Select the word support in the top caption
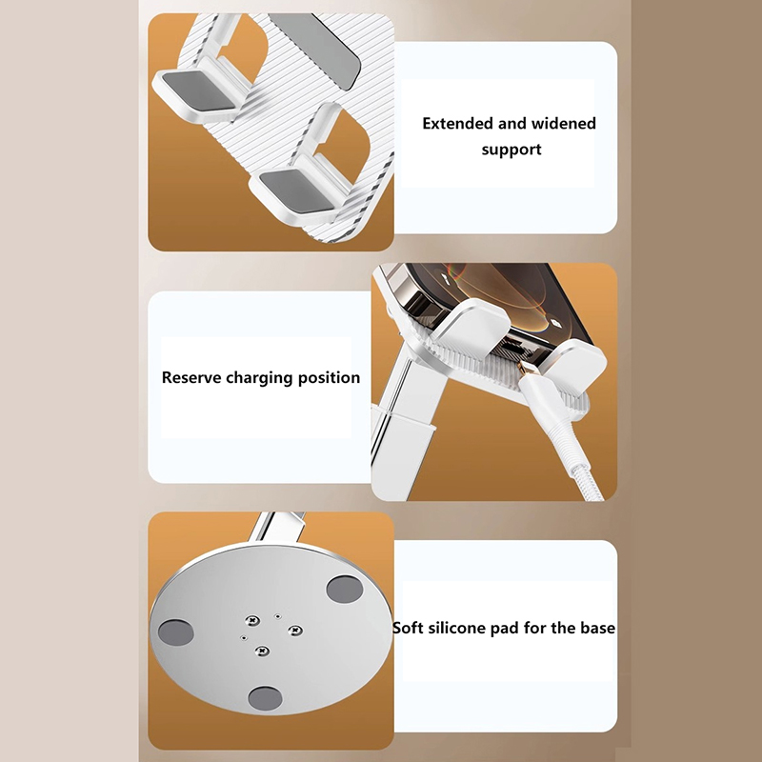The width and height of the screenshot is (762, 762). coord(511,150)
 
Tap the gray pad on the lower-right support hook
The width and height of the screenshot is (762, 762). coord(296,192)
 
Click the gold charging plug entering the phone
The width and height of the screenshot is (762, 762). coord(523,367)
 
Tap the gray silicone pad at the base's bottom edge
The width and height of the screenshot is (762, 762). coord(265,697)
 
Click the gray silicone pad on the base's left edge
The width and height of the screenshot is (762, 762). coord(176,632)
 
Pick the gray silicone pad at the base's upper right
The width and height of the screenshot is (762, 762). coord(345,589)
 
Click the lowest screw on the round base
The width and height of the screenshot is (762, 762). coord(262,651)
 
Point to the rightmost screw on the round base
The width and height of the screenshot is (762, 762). coord(295,630)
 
